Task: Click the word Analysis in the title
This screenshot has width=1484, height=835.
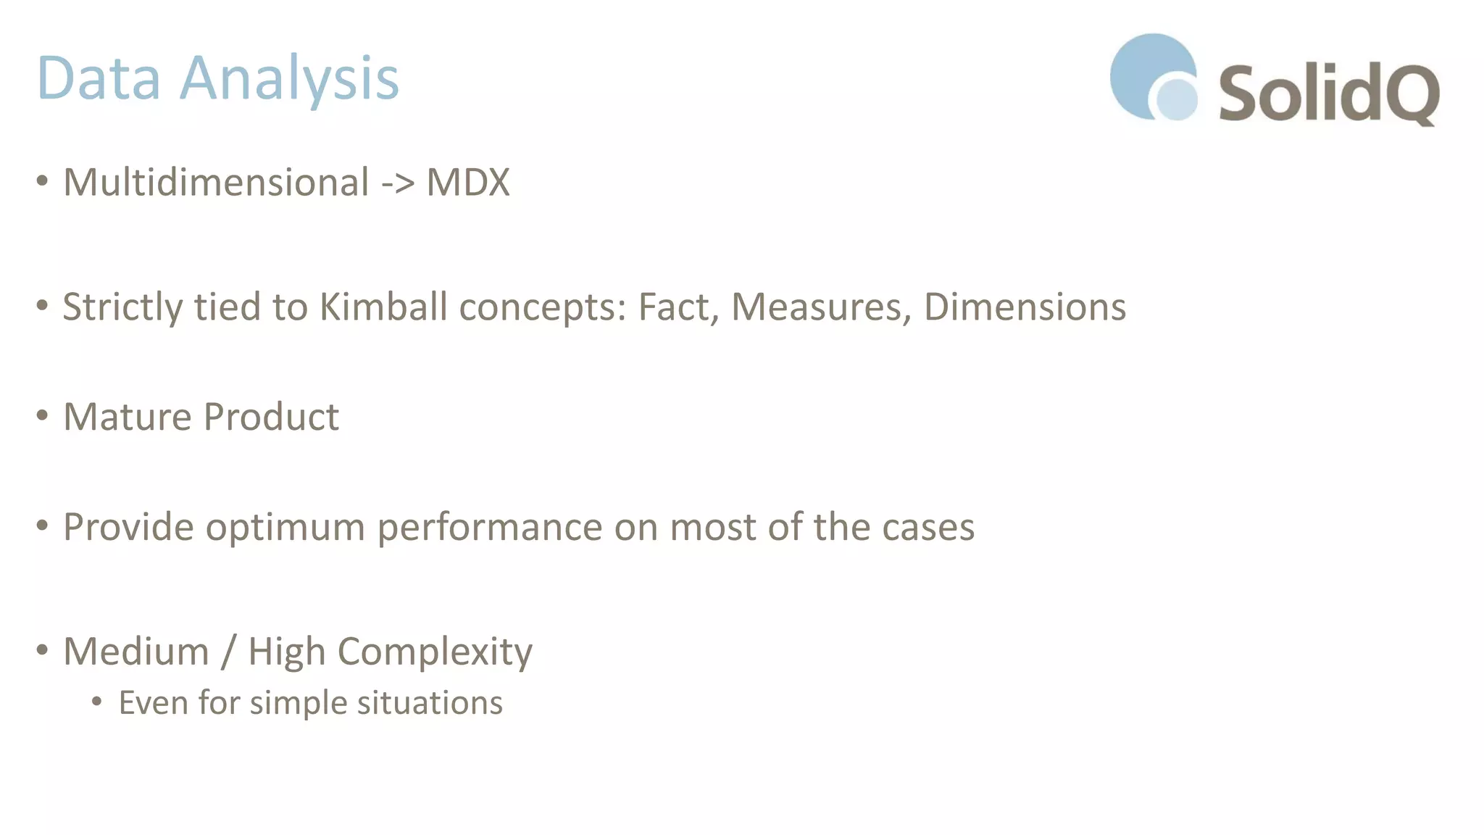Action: [x=289, y=78]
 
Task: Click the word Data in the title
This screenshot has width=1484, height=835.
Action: [x=99, y=78]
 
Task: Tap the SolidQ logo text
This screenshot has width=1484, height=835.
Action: [x=1328, y=94]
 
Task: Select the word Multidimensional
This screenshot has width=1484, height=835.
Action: [x=216, y=182]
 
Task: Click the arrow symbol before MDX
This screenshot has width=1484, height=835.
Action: [x=398, y=183]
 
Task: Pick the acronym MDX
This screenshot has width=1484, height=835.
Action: [x=468, y=182]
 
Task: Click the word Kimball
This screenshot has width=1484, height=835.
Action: [x=383, y=307]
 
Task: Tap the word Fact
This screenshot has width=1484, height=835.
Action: [x=678, y=307]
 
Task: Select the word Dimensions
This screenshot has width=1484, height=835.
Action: [x=1025, y=307]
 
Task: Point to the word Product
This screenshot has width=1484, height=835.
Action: [x=271, y=417]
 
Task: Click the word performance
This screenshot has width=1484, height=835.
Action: [x=490, y=527]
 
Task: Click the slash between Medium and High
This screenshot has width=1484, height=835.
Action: [x=228, y=651]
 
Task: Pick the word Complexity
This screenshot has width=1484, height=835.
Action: [x=435, y=651]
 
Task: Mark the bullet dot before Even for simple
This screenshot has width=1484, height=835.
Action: [x=97, y=702]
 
